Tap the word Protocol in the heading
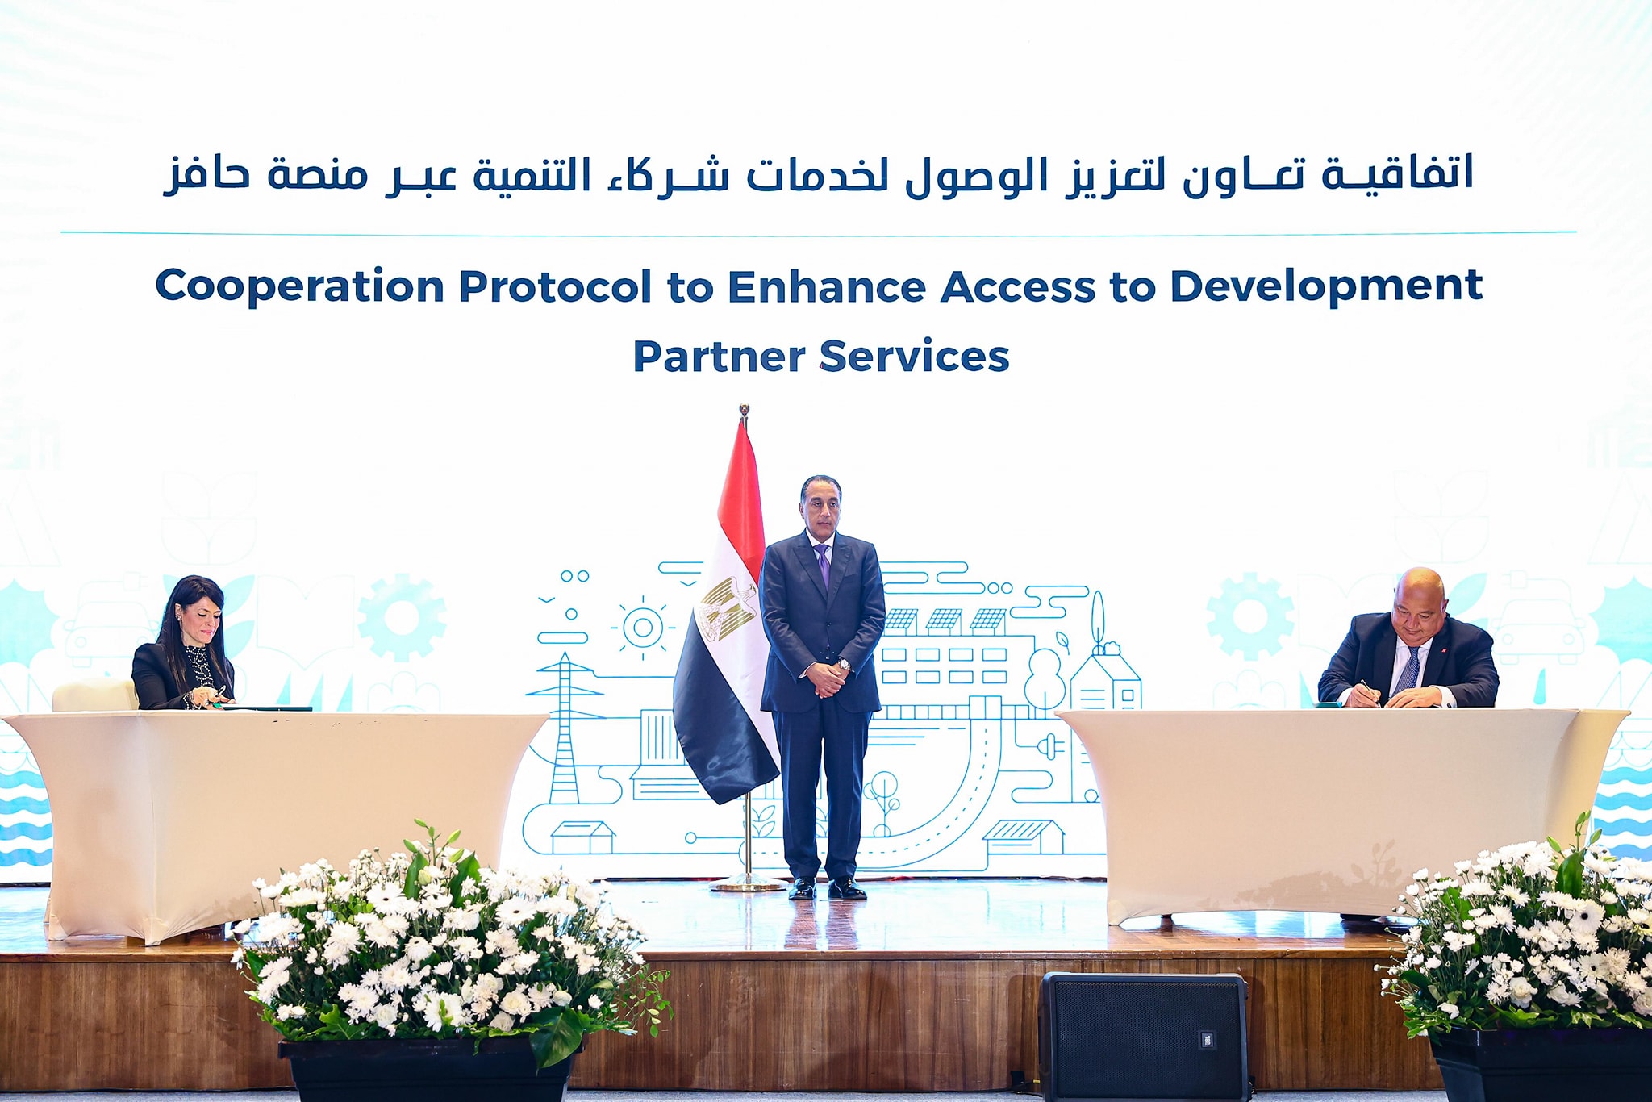(x=555, y=286)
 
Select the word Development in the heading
(x=1326, y=287)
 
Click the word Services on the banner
(x=914, y=357)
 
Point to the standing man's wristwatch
(x=843, y=666)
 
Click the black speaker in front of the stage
(x=1144, y=1036)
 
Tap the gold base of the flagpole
(x=747, y=886)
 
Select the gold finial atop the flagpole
(x=744, y=411)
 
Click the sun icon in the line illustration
(x=643, y=627)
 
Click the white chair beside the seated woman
(x=95, y=695)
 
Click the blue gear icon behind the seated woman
(x=401, y=616)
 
